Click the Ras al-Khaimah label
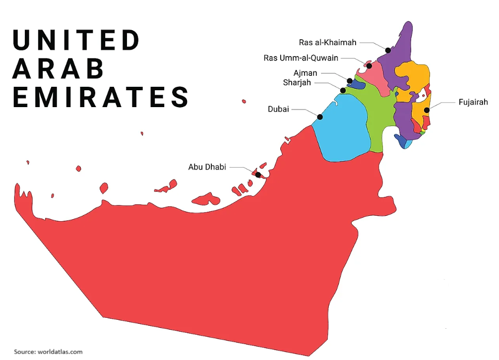coord(327,43)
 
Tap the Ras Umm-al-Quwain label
coord(301,58)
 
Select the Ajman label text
coord(305,73)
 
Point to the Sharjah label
coord(297,82)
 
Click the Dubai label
coord(278,109)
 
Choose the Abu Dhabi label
coord(207,167)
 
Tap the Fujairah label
coord(473,102)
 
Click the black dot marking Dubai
coord(320,117)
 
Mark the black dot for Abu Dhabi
coord(258,175)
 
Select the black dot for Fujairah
coord(427,110)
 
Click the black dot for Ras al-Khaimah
coord(388,50)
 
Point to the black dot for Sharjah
coord(343,90)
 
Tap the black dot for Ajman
coord(350,81)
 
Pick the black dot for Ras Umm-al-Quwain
coord(369,65)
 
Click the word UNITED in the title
coord(76,41)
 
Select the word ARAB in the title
coord(58,68)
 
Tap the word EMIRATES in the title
coord(101,97)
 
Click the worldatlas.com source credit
coord(48,352)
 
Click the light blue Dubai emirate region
coord(342,129)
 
